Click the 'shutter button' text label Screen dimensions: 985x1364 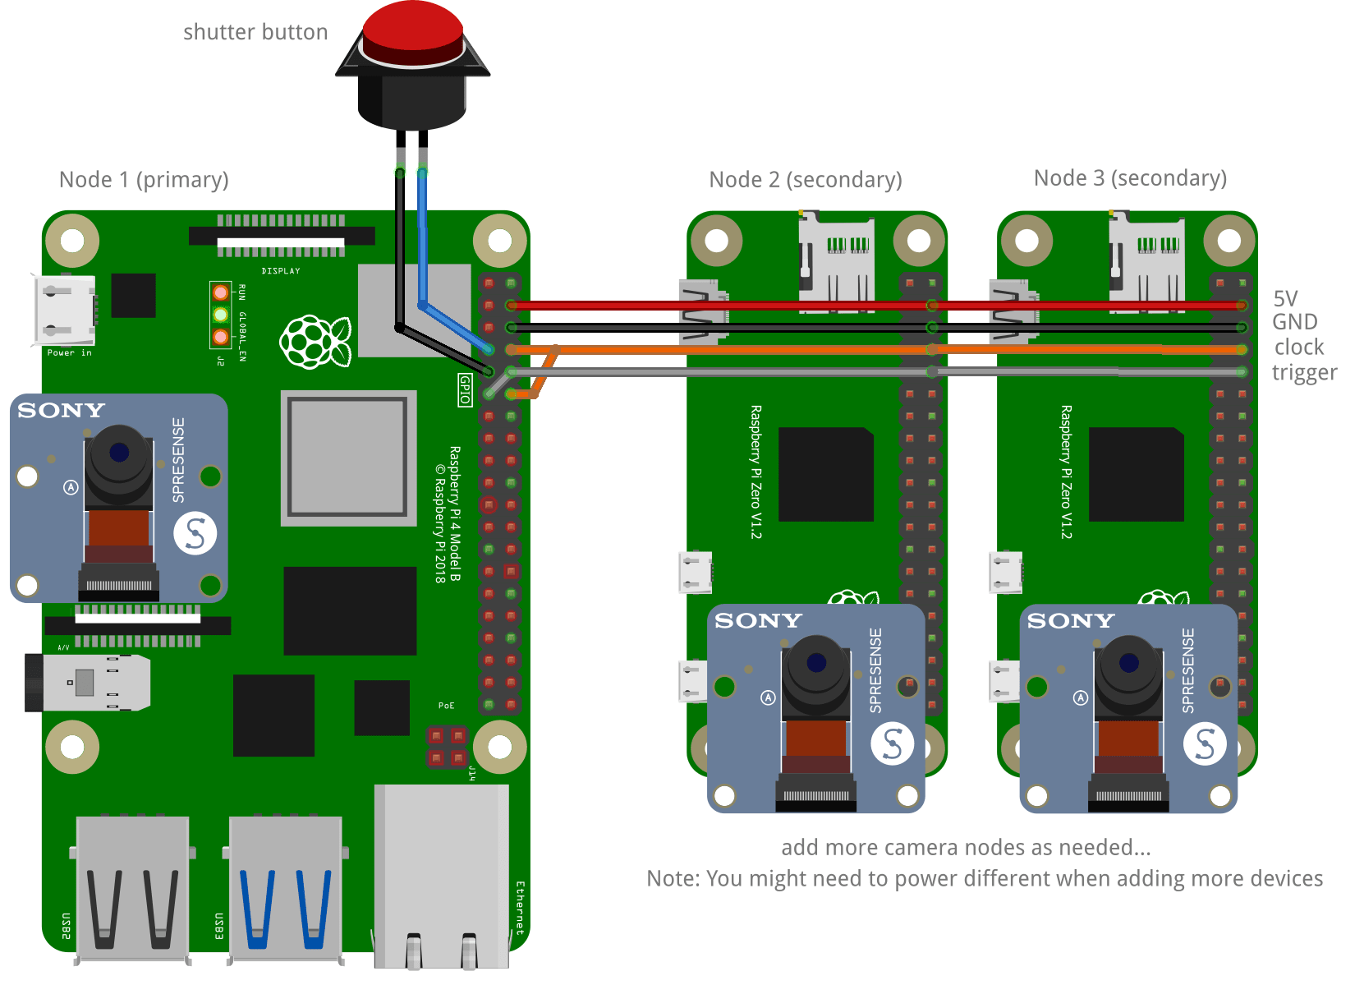coord(255,32)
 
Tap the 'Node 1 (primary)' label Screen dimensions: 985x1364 coord(144,179)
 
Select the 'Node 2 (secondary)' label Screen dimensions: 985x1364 coord(805,179)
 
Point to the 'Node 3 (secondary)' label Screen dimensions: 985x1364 coord(1130,177)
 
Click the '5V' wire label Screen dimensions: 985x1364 coord(1285,297)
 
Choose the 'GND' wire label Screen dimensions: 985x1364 coord(1295,322)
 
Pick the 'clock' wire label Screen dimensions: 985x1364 coord(1299,347)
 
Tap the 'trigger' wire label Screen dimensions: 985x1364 coord(1304,373)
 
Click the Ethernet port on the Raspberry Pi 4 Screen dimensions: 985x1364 coord(441,875)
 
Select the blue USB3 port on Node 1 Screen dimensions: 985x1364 coord(285,887)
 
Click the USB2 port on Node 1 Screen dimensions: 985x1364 coord(132,887)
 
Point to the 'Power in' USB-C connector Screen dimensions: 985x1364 coord(64,311)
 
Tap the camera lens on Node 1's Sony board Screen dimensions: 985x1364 coord(119,452)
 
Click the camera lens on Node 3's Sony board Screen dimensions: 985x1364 coord(1129,662)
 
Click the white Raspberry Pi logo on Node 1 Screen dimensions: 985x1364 coord(315,342)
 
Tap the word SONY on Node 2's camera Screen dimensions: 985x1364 coord(758,621)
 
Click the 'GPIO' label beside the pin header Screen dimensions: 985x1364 coord(465,389)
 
